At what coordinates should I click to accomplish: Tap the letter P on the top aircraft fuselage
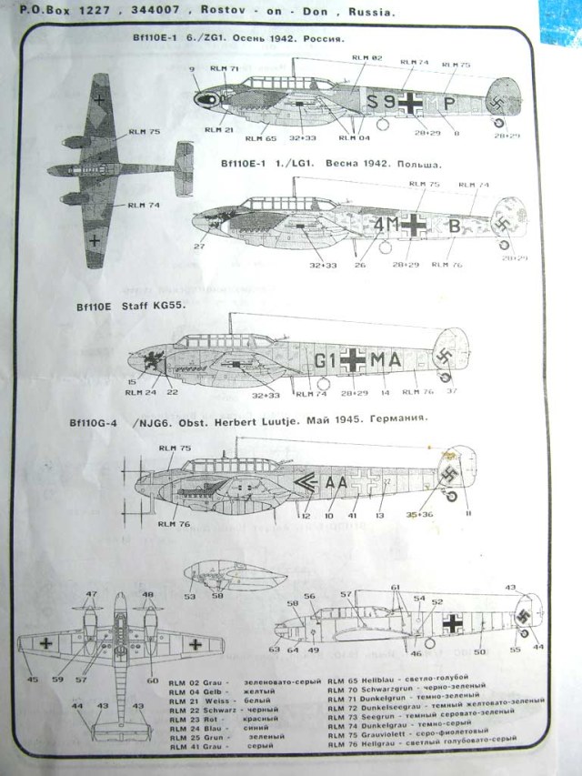click(x=449, y=105)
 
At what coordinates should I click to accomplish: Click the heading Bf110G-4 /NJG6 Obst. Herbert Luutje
click(x=247, y=421)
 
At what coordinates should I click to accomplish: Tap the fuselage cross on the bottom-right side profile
click(x=452, y=623)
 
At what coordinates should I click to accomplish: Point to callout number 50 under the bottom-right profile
click(x=479, y=651)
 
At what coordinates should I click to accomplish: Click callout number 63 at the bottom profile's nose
click(x=274, y=650)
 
